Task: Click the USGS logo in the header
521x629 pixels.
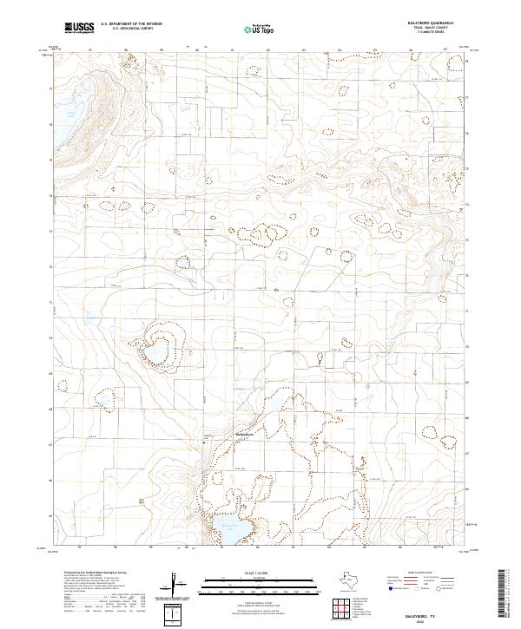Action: (x=79, y=28)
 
